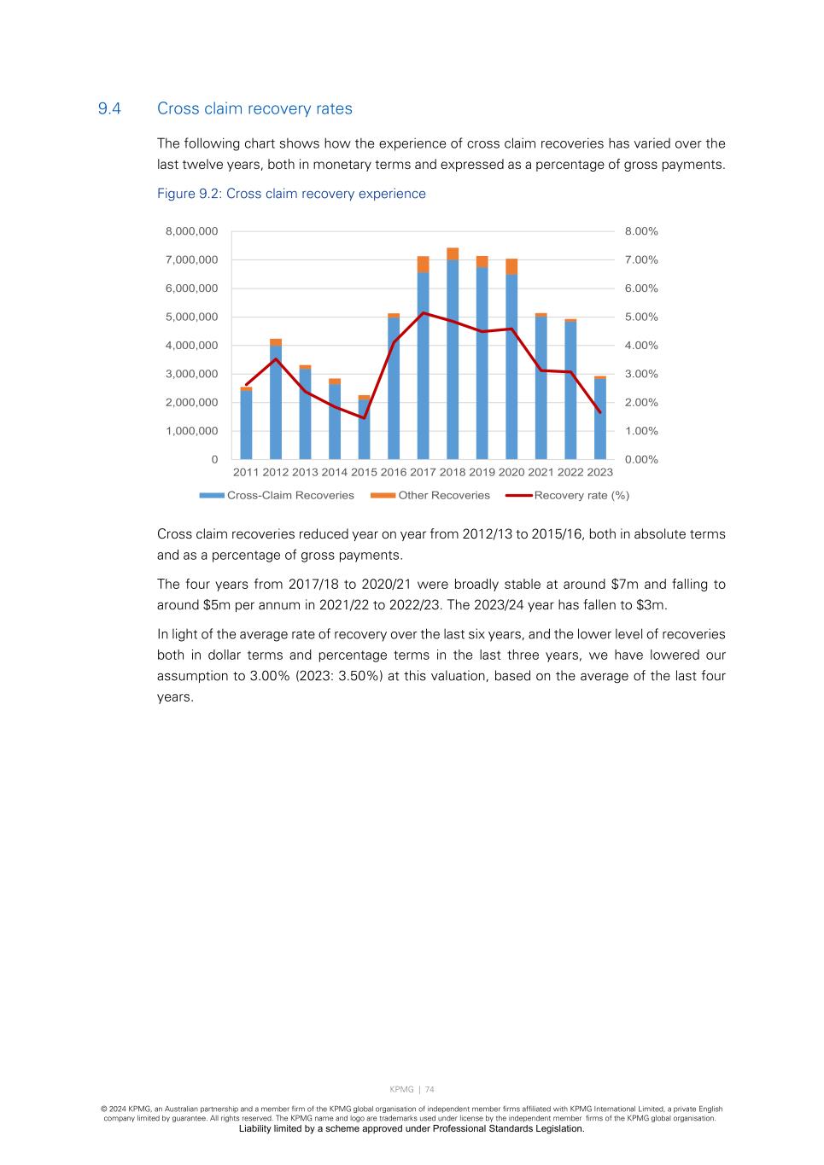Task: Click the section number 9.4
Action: click(x=109, y=108)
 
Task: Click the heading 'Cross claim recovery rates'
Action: click(x=254, y=108)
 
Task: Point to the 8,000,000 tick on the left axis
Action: click(x=192, y=231)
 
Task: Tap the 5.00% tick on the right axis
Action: click(x=641, y=317)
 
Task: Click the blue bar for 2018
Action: click(x=453, y=358)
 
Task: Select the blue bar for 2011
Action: click(x=246, y=425)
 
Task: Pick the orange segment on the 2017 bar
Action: click(x=423, y=265)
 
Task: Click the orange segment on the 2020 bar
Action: click(x=511, y=266)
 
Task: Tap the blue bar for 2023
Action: click(x=600, y=418)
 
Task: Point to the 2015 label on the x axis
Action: click(x=364, y=472)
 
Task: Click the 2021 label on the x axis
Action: click(x=541, y=472)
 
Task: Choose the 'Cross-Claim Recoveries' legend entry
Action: click(x=289, y=495)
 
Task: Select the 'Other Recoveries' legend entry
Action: click(x=443, y=495)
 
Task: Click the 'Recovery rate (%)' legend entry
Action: click(x=581, y=495)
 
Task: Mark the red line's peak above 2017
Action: click(x=424, y=313)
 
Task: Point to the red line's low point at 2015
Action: click(x=365, y=418)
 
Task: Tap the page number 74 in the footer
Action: click(x=430, y=1089)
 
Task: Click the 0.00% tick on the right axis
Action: click(x=641, y=459)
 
